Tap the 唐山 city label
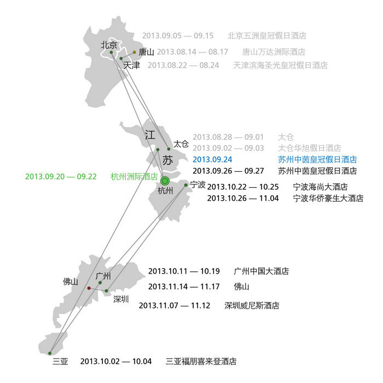[146, 53]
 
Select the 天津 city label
[131, 65]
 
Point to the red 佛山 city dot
[89, 288]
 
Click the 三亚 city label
[60, 362]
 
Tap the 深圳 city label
[121, 299]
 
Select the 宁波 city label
[198, 185]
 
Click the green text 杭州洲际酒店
[134, 177]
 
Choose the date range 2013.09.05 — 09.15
[178, 36]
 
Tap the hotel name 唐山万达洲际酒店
[274, 53]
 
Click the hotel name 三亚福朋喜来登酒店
[201, 362]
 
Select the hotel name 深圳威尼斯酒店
[252, 306]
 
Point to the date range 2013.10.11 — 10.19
[184, 271]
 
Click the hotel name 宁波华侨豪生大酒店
[328, 198]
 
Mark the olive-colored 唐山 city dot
[134, 53]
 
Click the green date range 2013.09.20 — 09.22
[61, 177]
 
